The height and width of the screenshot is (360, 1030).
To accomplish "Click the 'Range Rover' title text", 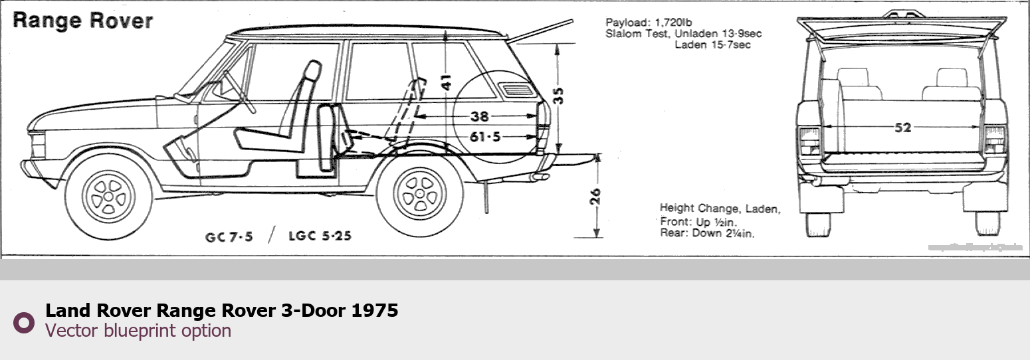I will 83,21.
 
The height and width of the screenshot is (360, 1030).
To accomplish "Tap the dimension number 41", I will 447,81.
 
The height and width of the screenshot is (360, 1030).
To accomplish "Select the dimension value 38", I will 479,117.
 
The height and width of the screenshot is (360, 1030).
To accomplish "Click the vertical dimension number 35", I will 560,96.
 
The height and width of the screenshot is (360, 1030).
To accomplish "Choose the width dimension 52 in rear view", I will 902,128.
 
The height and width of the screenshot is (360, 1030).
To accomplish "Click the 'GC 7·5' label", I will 229,236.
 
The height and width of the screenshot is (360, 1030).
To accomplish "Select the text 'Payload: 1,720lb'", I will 645,22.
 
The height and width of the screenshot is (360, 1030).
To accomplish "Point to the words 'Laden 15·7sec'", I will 712,45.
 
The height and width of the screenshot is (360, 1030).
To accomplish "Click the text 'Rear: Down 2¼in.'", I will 707,233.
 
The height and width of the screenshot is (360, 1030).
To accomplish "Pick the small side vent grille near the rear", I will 515,90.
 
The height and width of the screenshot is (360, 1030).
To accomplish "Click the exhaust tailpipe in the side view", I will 538,177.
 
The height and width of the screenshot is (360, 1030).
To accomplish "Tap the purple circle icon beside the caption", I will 24,322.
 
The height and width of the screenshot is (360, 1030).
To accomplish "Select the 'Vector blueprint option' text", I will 138,331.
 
